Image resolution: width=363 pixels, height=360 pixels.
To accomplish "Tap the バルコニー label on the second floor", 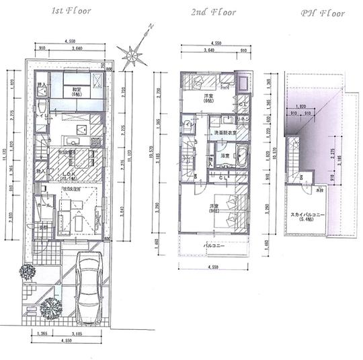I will tap(215, 246).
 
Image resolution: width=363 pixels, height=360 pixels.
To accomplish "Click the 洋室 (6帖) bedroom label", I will tap(208, 99).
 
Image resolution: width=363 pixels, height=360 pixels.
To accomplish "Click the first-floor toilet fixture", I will tap(40, 107).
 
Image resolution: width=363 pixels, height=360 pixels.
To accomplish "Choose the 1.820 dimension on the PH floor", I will tap(300, 106).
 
